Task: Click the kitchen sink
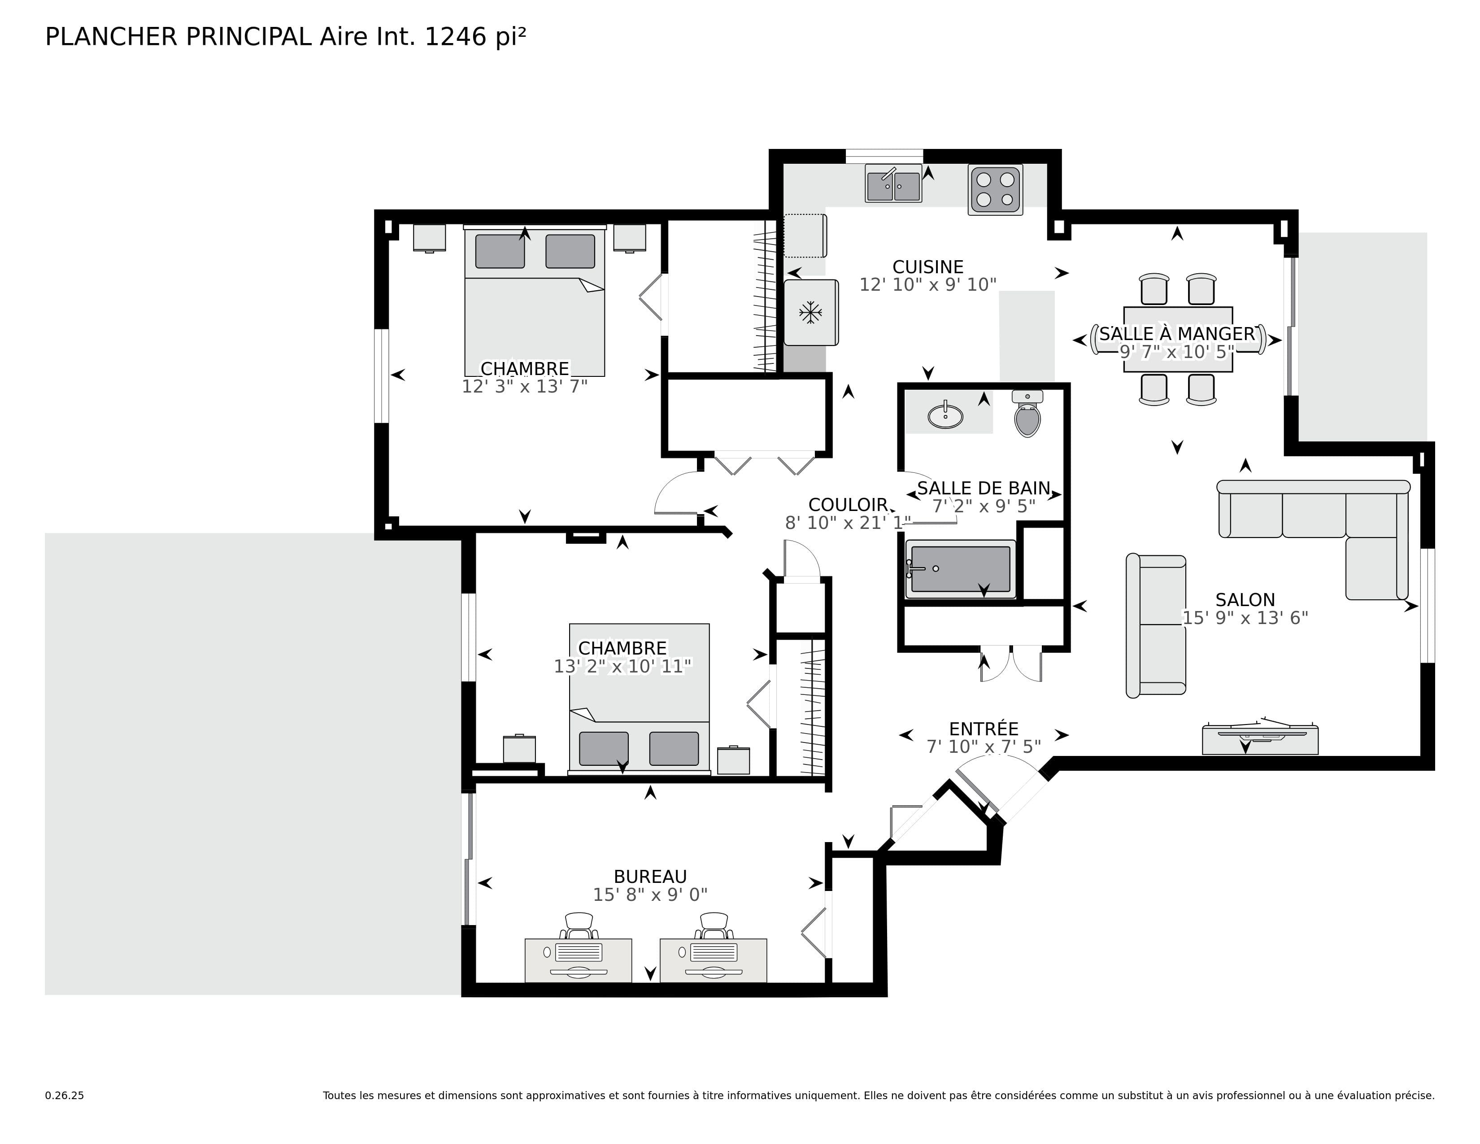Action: [x=893, y=183]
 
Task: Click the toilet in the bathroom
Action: [x=1027, y=414]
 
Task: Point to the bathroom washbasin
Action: [x=945, y=414]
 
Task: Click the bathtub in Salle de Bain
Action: [x=961, y=569]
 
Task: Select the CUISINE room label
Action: [x=928, y=267]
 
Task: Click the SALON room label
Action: [x=1245, y=600]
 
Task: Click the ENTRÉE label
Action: [x=983, y=729]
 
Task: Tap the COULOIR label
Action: [x=848, y=505]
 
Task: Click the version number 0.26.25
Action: [x=65, y=1095]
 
